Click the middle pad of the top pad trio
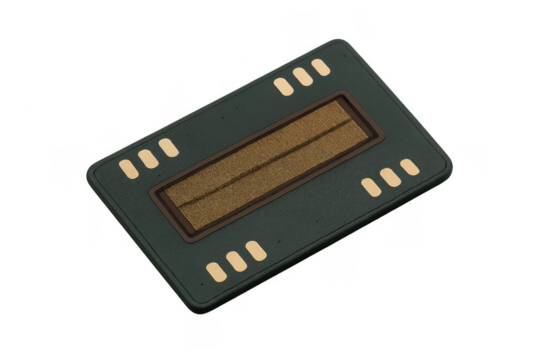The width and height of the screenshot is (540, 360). pyautogui.click(x=302, y=77)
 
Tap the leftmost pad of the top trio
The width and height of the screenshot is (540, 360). pyautogui.click(x=284, y=87)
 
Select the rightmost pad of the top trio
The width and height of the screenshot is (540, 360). pyautogui.click(x=320, y=67)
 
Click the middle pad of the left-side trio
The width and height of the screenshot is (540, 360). pyautogui.click(x=148, y=158)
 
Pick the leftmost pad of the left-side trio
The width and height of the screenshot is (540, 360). pyautogui.click(x=130, y=167)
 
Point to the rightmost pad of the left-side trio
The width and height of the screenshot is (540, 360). pyautogui.click(x=167, y=148)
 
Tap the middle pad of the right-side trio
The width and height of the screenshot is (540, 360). pyautogui.click(x=390, y=176)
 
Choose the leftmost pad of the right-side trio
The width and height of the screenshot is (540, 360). pyautogui.click(x=371, y=187)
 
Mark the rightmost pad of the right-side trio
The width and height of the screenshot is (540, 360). pyautogui.click(x=409, y=167)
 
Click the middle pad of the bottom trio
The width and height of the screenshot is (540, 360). pyautogui.click(x=236, y=260)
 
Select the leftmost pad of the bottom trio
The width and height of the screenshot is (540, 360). pyautogui.click(x=216, y=270)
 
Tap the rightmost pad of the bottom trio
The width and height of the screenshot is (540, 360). pyautogui.click(x=255, y=250)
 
